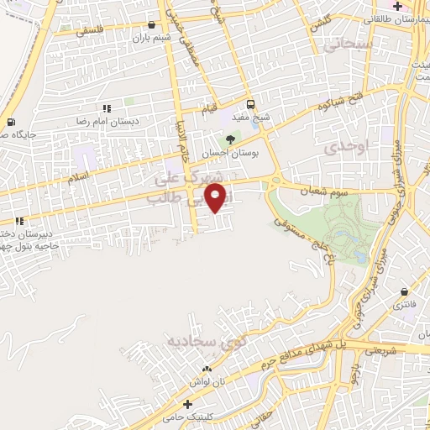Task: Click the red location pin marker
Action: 218,198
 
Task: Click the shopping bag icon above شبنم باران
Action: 150,24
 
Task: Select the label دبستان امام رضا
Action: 130,122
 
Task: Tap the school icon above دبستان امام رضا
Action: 107,109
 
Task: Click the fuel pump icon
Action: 10,123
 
